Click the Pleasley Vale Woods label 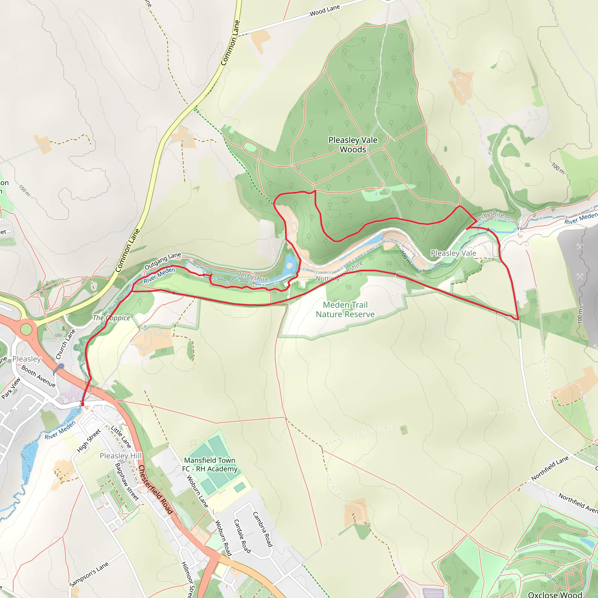pyautogui.click(x=352, y=145)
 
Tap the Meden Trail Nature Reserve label pyautogui.click(x=345, y=310)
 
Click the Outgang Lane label pyautogui.click(x=163, y=261)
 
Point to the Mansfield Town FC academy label pyautogui.click(x=210, y=465)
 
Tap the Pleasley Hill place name pyautogui.click(x=120, y=456)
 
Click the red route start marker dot pyautogui.click(x=82, y=404)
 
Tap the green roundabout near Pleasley pyautogui.click(x=26, y=329)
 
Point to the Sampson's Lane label pyautogui.click(x=89, y=574)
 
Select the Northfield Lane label pyautogui.click(x=550, y=468)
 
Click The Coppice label pyautogui.click(x=112, y=318)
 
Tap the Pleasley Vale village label pyautogui.click(x=453, y=253)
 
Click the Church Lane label pyautogui.click(x=66, y=344)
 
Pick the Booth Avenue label pyautogui.click(x=38, y=376)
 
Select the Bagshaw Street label pyautogui.click(x=127, y=481)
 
